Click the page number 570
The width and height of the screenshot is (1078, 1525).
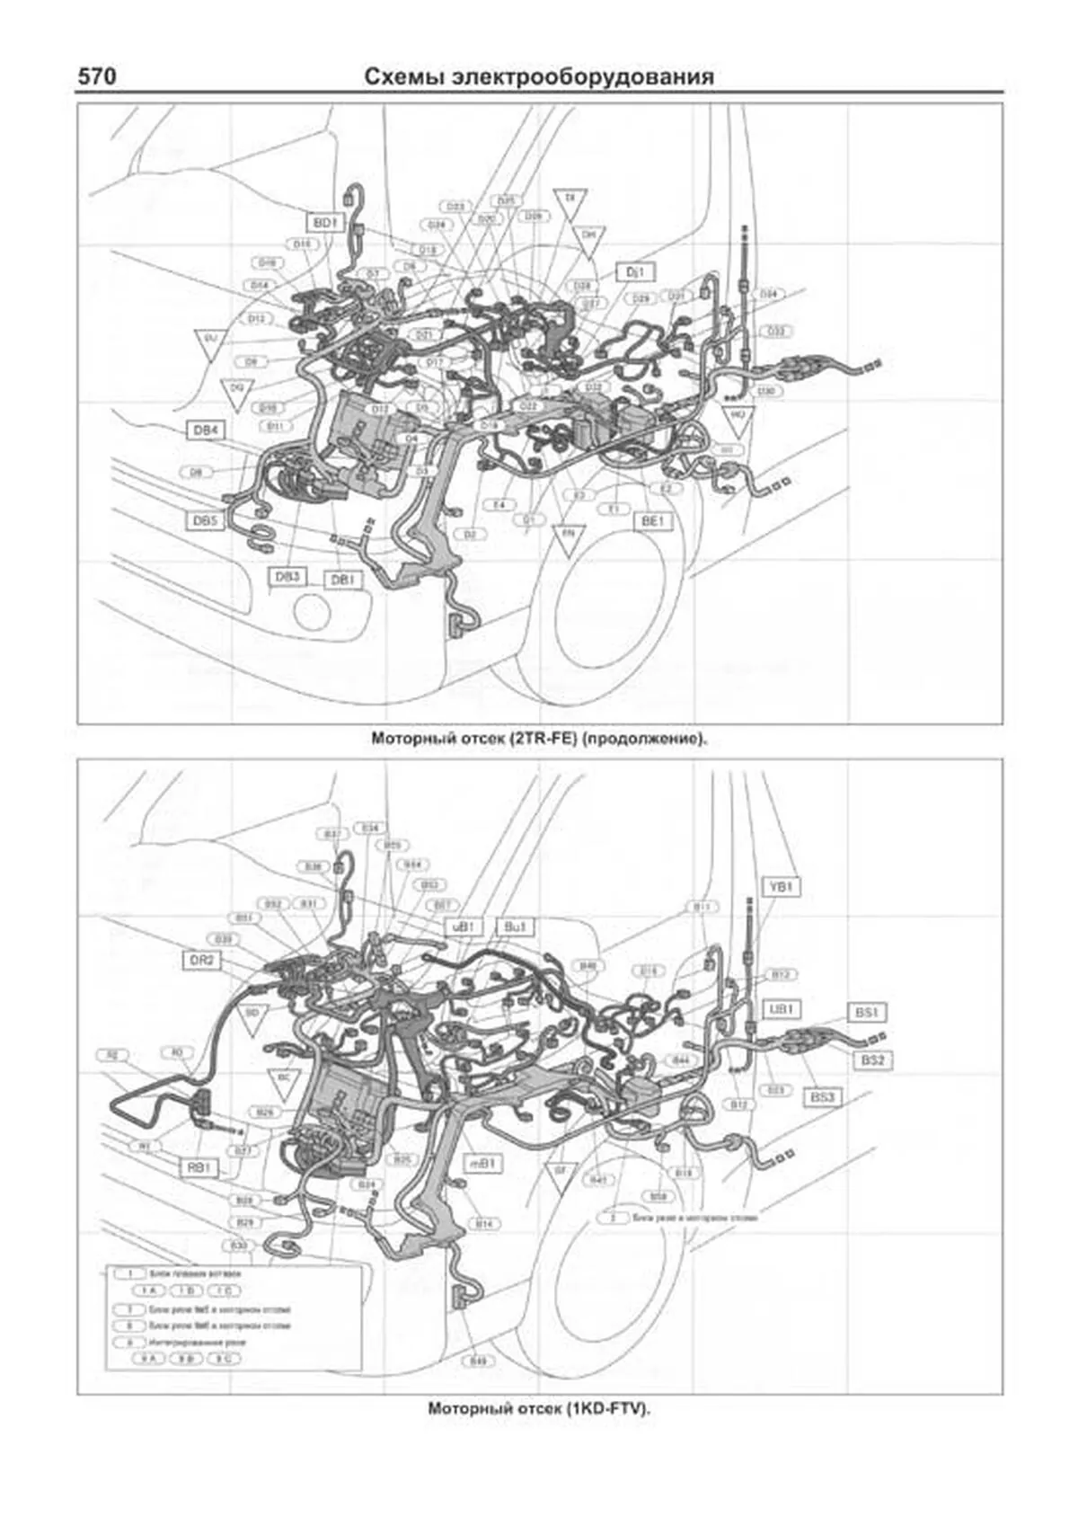point(96,77)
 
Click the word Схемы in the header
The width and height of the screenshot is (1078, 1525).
point(402,77)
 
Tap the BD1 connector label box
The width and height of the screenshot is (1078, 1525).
point(324,221)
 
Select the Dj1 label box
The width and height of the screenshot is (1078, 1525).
point(636,271)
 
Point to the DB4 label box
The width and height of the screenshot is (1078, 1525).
point(206,430)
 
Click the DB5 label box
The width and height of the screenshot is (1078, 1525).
point(206,521)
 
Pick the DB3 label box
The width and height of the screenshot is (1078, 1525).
point(288,577)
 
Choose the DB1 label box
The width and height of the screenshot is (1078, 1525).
point(342,581)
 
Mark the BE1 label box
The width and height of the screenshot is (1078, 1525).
point(652,521)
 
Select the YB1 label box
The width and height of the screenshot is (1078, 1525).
point(781,887)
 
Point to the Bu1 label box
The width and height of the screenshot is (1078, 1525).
point(516,927)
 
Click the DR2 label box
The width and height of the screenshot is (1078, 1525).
point(202,961)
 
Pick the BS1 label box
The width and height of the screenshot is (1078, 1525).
point(866,1013)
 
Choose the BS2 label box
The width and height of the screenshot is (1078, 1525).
point(873,1060)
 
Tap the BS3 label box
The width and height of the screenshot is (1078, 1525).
point(822,1097)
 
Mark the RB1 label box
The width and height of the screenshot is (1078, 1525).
point(199,1168)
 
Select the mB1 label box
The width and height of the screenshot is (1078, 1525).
point(482,1165)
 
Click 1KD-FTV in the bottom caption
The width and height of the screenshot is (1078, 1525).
point(606,1409)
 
